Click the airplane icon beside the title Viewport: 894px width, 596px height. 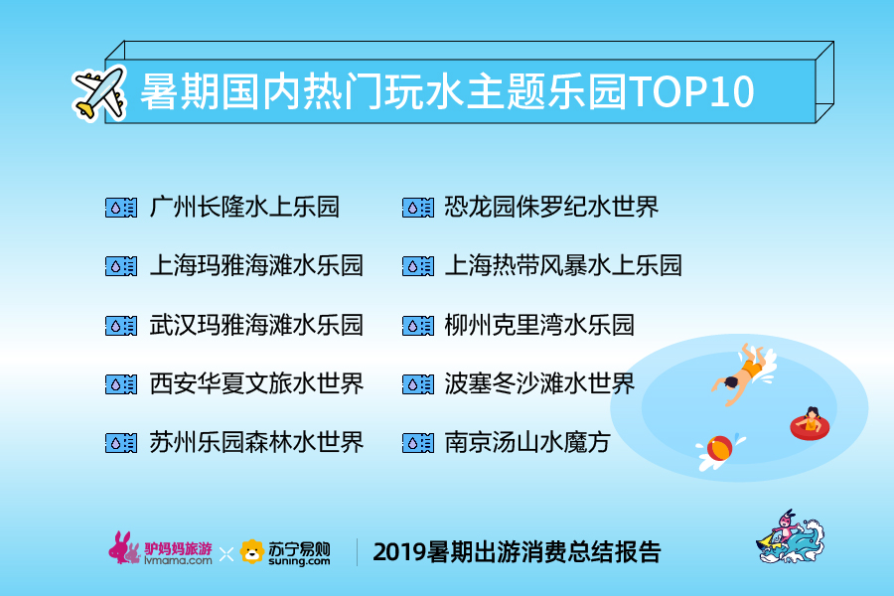[x=99, y=93]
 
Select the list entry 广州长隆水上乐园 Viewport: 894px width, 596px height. [x=244, y=207]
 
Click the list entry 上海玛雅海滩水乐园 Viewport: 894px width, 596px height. [x=256, y=265]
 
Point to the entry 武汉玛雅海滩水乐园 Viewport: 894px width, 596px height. [x=256, y=325]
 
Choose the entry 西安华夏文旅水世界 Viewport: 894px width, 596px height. [x=256, y=383]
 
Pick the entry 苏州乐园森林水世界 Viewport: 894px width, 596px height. [x=256, y=442]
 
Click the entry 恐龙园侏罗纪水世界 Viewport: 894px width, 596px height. [x=551, y=207]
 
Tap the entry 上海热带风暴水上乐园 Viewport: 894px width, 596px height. [x=563, y=265]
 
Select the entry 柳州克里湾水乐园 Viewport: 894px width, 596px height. [x=539, y=325]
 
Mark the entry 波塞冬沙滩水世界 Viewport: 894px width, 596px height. [x=539, y=383]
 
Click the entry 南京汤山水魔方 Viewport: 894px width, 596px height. [x=527, y=442]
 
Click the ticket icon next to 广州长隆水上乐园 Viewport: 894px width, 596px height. [x=121, y=208]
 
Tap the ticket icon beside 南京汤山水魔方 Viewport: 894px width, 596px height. [x=418, y=443]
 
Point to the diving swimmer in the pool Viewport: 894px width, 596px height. [x=743, y=374]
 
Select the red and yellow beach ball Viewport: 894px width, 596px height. [x=719, y=449]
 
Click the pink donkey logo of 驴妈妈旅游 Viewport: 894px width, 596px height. [x=124, y=548]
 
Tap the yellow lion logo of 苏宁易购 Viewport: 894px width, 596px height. [x=251, y=551]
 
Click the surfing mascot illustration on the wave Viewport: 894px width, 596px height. [x=791, y=537]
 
